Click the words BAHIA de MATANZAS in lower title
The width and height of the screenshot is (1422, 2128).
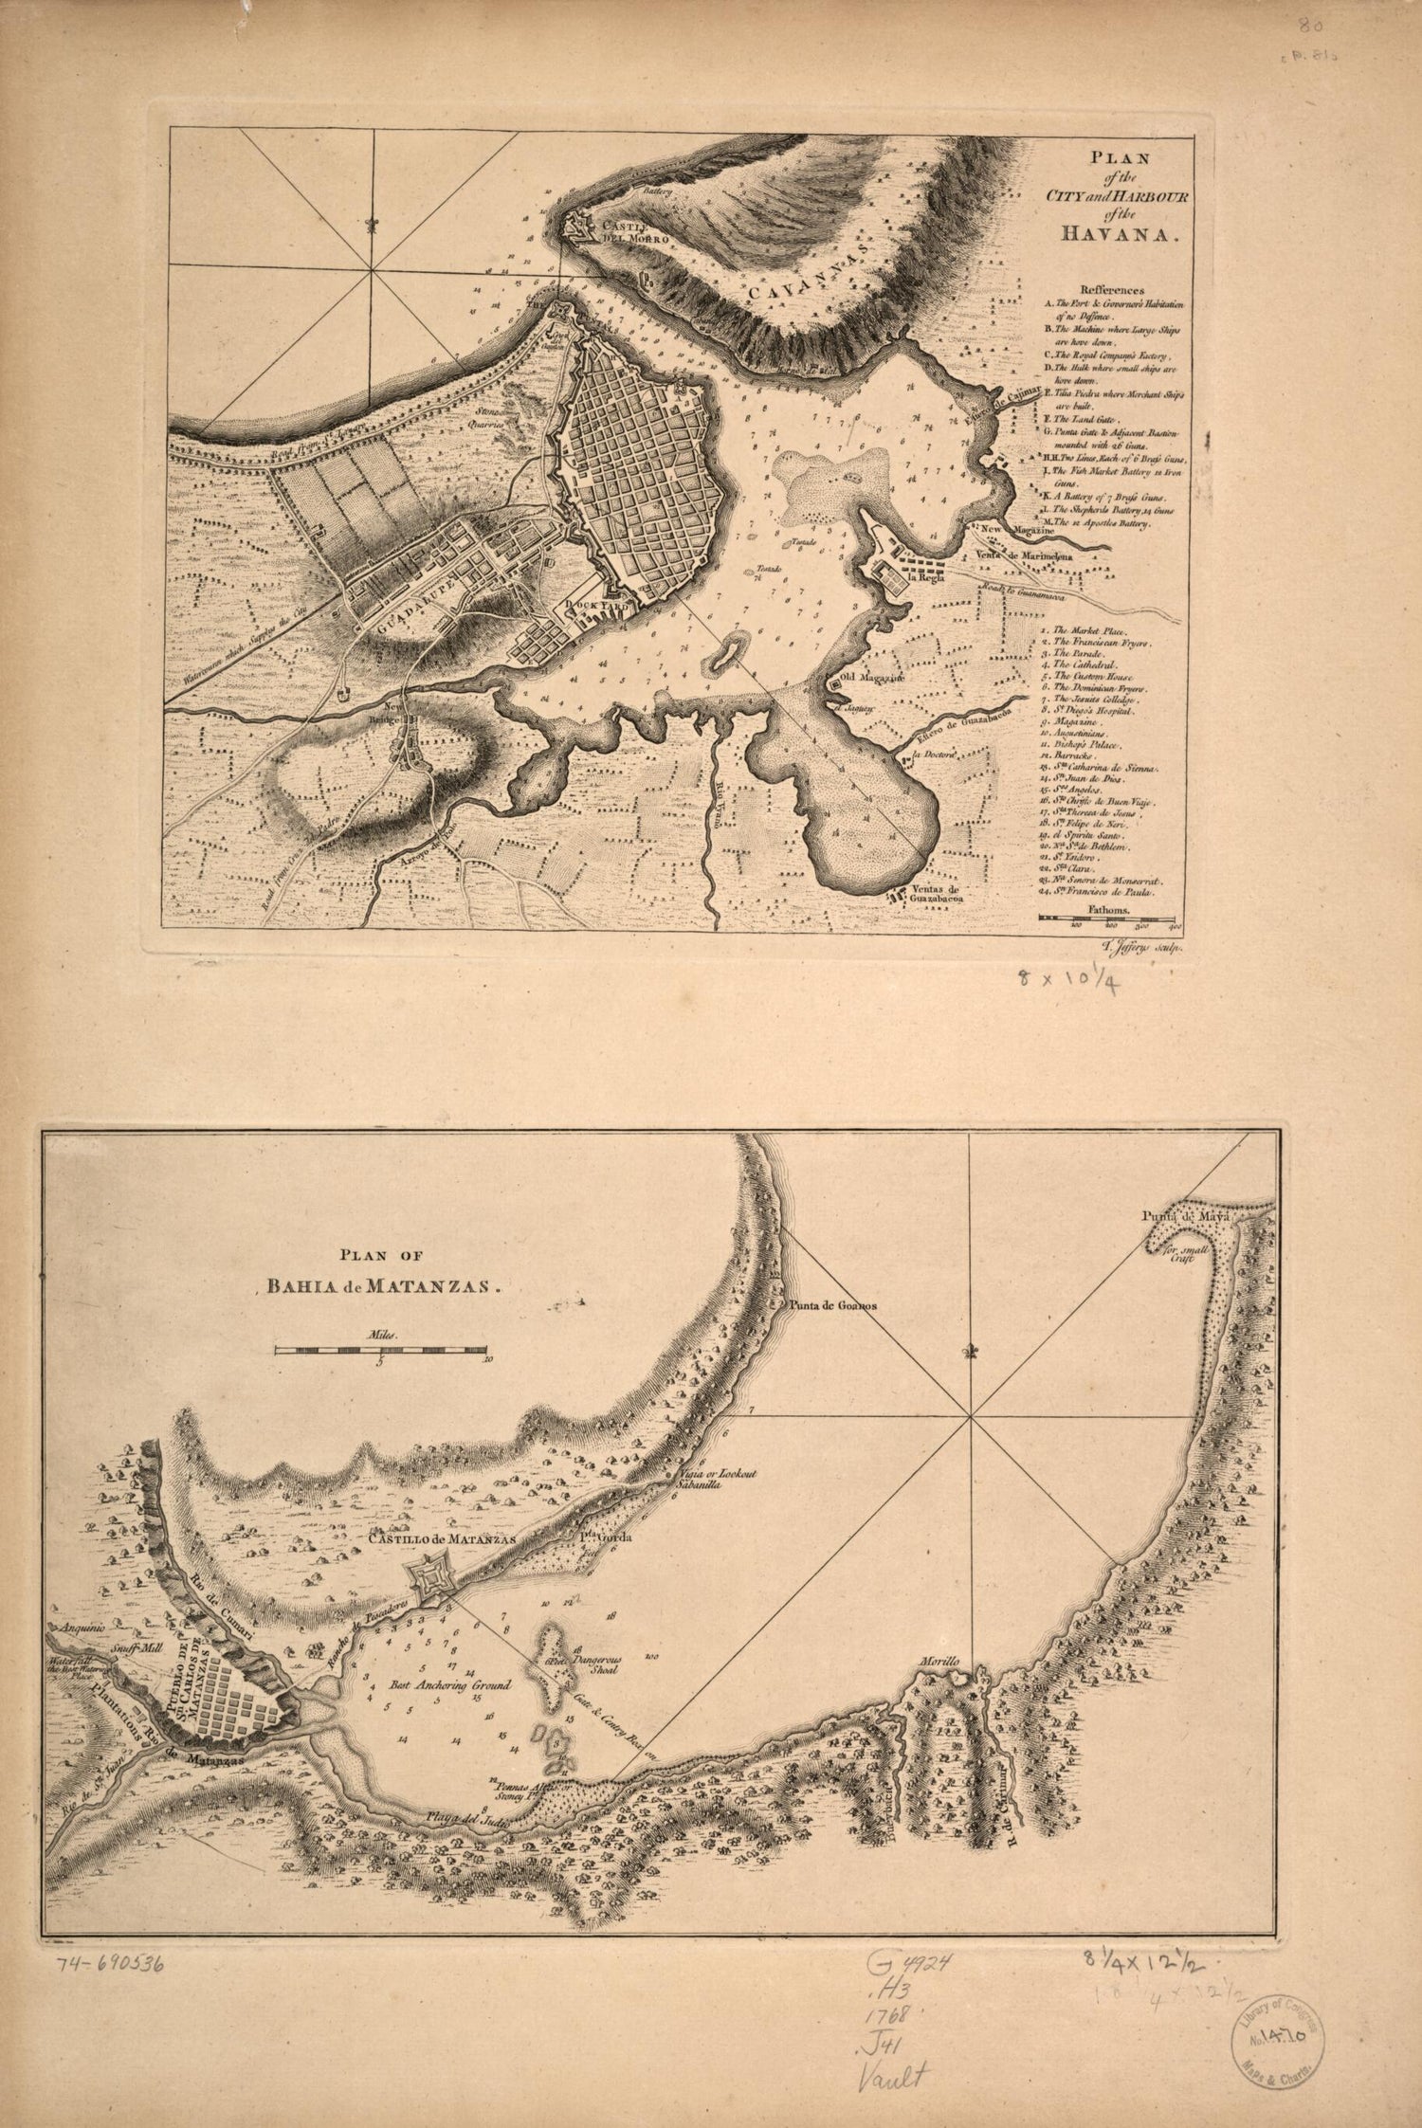point(383,1286)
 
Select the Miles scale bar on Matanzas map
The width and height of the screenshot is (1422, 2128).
point(381,1348)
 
